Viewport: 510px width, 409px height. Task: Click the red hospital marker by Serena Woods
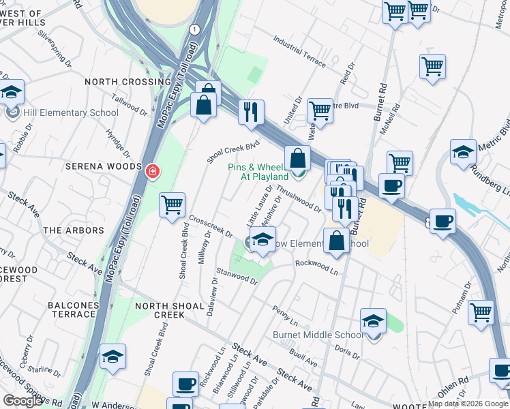[153, 170]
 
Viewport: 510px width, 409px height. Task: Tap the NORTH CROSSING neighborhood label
[127, 82]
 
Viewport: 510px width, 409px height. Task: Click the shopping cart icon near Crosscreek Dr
[172, 204]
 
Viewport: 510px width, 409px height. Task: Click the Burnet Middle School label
[317, 335]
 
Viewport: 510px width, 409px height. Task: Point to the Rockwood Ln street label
[316, 267]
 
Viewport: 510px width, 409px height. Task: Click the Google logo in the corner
[22, 401]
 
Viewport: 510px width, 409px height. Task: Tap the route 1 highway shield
[195, 29]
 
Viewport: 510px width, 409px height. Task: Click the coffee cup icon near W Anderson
[185, 384]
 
